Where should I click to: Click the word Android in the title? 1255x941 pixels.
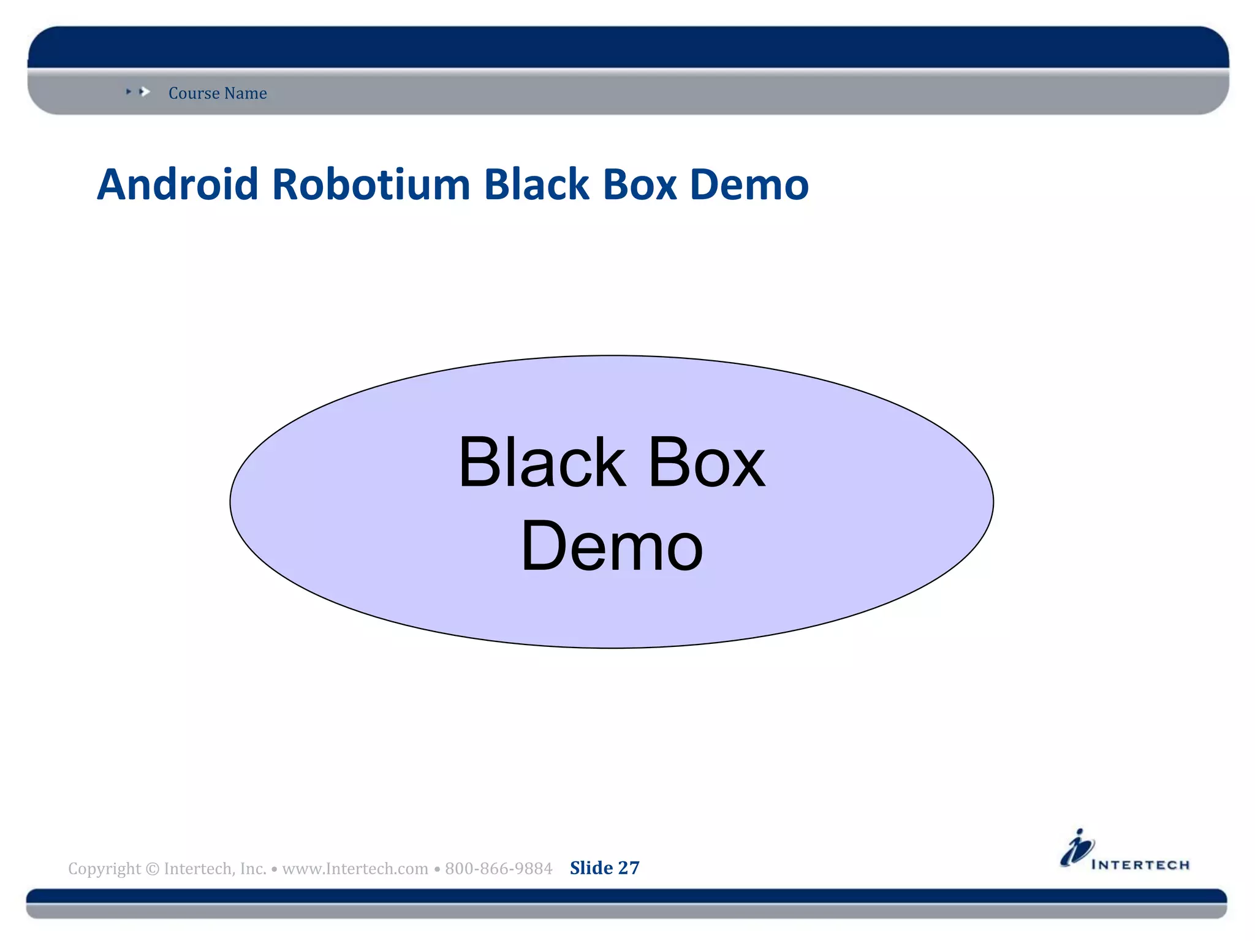pyautogui.click(x=177, y=184)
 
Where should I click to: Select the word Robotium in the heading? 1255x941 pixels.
pyautogui.click(x=371, y=184)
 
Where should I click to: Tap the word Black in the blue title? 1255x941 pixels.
pyautogui.click(x=536, y=184)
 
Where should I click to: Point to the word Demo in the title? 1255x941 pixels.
pyautogui.click(x=749, y=184)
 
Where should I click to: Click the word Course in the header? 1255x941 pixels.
pyautogui.click(x=194, y=93)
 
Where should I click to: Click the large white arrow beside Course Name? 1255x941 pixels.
pyautogui.click(x=145, y=92)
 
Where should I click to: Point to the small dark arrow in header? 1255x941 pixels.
pyautogui.click(x=129, y=91)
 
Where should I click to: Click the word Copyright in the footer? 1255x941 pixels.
pyautogui.click(x=104, y=869)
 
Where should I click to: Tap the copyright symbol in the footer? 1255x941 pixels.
pyautogui.click(x=153, y=869)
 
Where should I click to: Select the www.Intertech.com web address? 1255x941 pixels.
pyautogui.click(x=355, y=869)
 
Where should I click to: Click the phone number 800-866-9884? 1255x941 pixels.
pyautogui.click(x=498, y=869)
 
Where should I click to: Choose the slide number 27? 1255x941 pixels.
pyautogui.click(x=629, y=868)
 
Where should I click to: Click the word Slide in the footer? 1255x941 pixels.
pyautogui.click(x=591, y=868)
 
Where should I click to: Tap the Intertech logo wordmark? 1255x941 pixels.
pyautogui.click(x=1140, y=865)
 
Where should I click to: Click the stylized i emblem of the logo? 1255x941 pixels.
pyautogui.click(x=1077, y=848)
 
